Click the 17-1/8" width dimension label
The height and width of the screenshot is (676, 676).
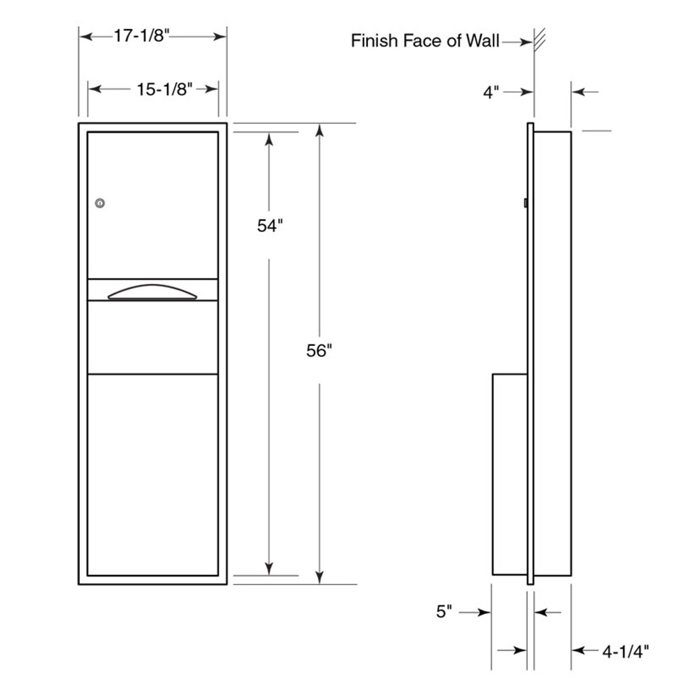tap(142, 36)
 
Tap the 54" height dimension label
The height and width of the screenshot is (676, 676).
tap(270, 226)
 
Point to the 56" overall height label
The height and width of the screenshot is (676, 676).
tap(320, 350)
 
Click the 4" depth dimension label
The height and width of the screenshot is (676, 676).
tap(491, 92)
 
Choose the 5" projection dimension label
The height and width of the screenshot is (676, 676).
tap(445, 612)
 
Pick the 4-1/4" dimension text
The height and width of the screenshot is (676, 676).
tap(625, 651)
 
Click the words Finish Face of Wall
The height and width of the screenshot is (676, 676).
tap(425, 41)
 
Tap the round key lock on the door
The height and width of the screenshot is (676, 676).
tap(100, 203)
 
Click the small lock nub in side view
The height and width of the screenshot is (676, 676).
tap(525, 202)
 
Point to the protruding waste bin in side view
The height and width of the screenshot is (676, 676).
tap(510, 474)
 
